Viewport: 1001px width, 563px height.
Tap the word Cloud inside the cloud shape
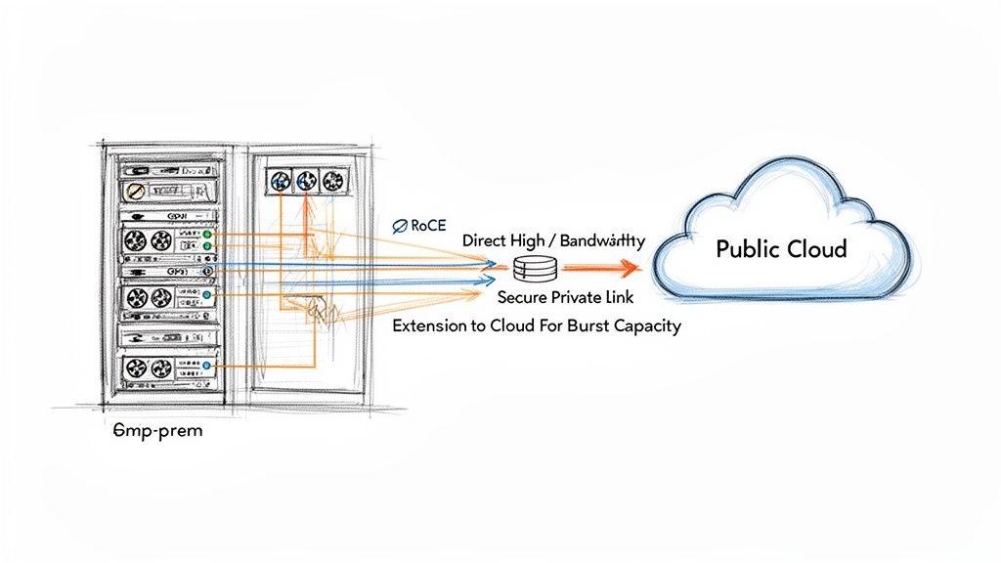point(815,249)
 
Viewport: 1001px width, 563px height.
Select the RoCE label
point(428,225)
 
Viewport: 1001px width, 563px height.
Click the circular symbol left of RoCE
point(400,226)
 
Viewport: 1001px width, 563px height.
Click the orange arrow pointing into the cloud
point(602,265)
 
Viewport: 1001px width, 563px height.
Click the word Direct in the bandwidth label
point(486,241)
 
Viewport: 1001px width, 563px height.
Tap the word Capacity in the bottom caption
point(646,325)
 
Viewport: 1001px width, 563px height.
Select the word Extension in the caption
point(430,325)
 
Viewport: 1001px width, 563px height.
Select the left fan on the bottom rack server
point(136,368)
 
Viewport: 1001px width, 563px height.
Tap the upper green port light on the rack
point(207,236)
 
